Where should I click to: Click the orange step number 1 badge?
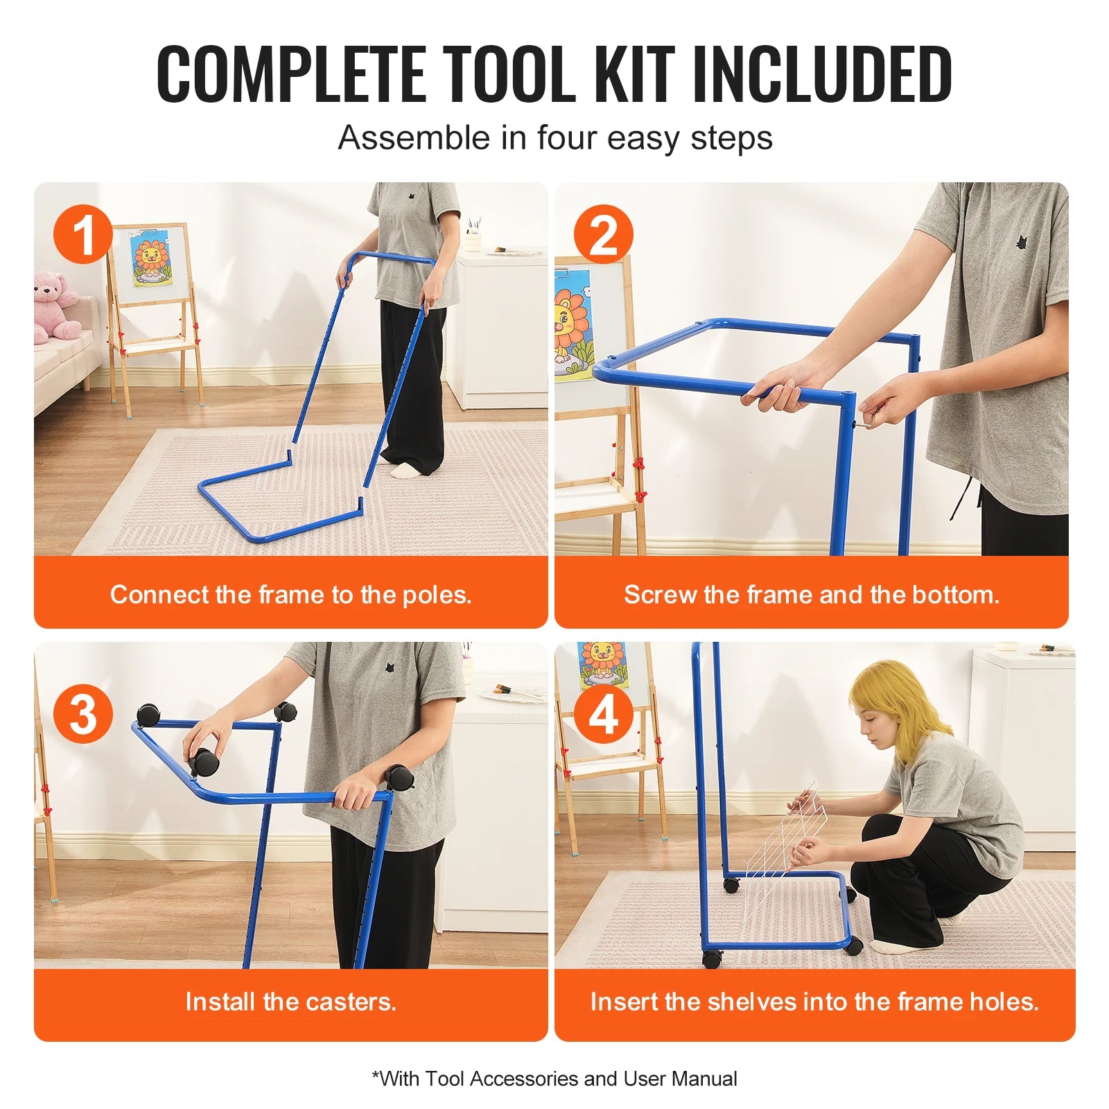(83, 234)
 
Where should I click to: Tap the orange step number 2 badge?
(603, 234)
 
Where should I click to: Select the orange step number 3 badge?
(83, 714)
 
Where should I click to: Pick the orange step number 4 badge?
(603, 714)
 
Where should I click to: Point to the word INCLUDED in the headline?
(822, 73)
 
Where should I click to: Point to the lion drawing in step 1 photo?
(151, 259)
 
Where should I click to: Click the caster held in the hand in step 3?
(204, 761)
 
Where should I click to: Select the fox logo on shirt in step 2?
(1021, 243)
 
